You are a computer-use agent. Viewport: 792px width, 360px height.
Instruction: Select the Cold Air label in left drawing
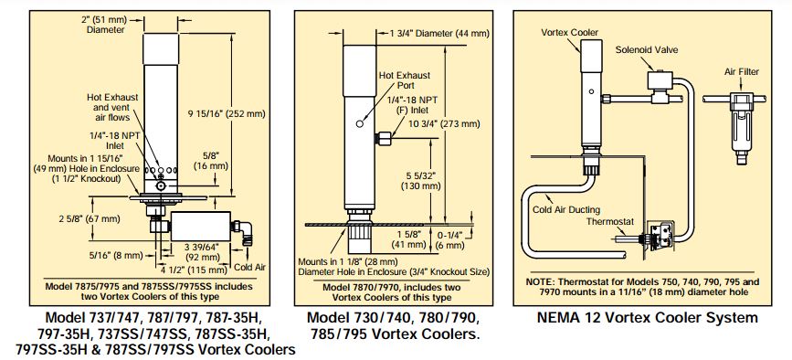(248, 267)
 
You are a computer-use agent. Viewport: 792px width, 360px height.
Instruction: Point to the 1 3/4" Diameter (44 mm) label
(438, 34)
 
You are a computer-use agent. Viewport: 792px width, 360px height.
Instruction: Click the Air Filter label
(743, 69)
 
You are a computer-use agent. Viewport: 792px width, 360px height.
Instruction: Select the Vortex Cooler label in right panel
(570, 32)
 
